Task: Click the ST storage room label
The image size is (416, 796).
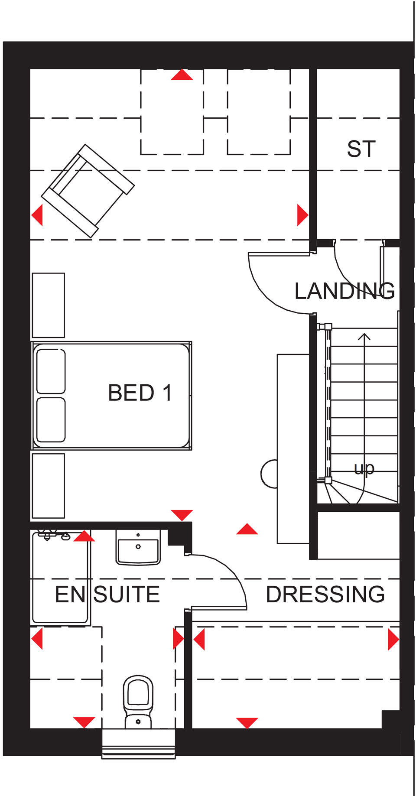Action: point(361,149)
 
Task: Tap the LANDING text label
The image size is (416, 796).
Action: point(344,291)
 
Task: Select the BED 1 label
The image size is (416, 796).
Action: point(140,393)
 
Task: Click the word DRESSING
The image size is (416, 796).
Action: point(325,594)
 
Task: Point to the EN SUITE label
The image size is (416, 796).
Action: point(107,594)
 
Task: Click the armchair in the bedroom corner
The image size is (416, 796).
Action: point(88,191)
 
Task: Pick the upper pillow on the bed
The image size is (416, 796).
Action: point(51,371)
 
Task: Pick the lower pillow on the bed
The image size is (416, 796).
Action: point(51,419)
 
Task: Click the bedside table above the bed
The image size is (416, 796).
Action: point(48,305)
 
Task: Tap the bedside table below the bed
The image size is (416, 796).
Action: point(48,485)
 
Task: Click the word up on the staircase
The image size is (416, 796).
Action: point(364,468)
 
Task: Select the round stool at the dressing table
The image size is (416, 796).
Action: point(269,474)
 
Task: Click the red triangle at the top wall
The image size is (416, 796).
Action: point(182,75)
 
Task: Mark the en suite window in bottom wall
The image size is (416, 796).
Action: point(139,743)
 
